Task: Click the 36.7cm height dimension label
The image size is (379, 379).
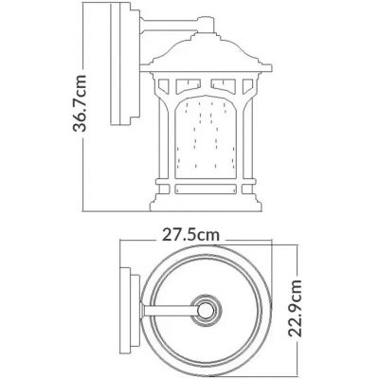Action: click(x=80, y=103)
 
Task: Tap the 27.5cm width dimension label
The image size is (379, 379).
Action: click(x=190, y=235)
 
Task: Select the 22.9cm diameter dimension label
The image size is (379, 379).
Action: click(x=296, y=308)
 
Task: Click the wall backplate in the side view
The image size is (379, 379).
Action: click(x=125, y=63)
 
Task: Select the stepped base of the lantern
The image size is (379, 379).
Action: click(x=206, y=203)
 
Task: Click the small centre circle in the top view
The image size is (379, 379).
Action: click(x=206, y=310)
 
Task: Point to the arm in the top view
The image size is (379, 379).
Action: click(x=170, y=310)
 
